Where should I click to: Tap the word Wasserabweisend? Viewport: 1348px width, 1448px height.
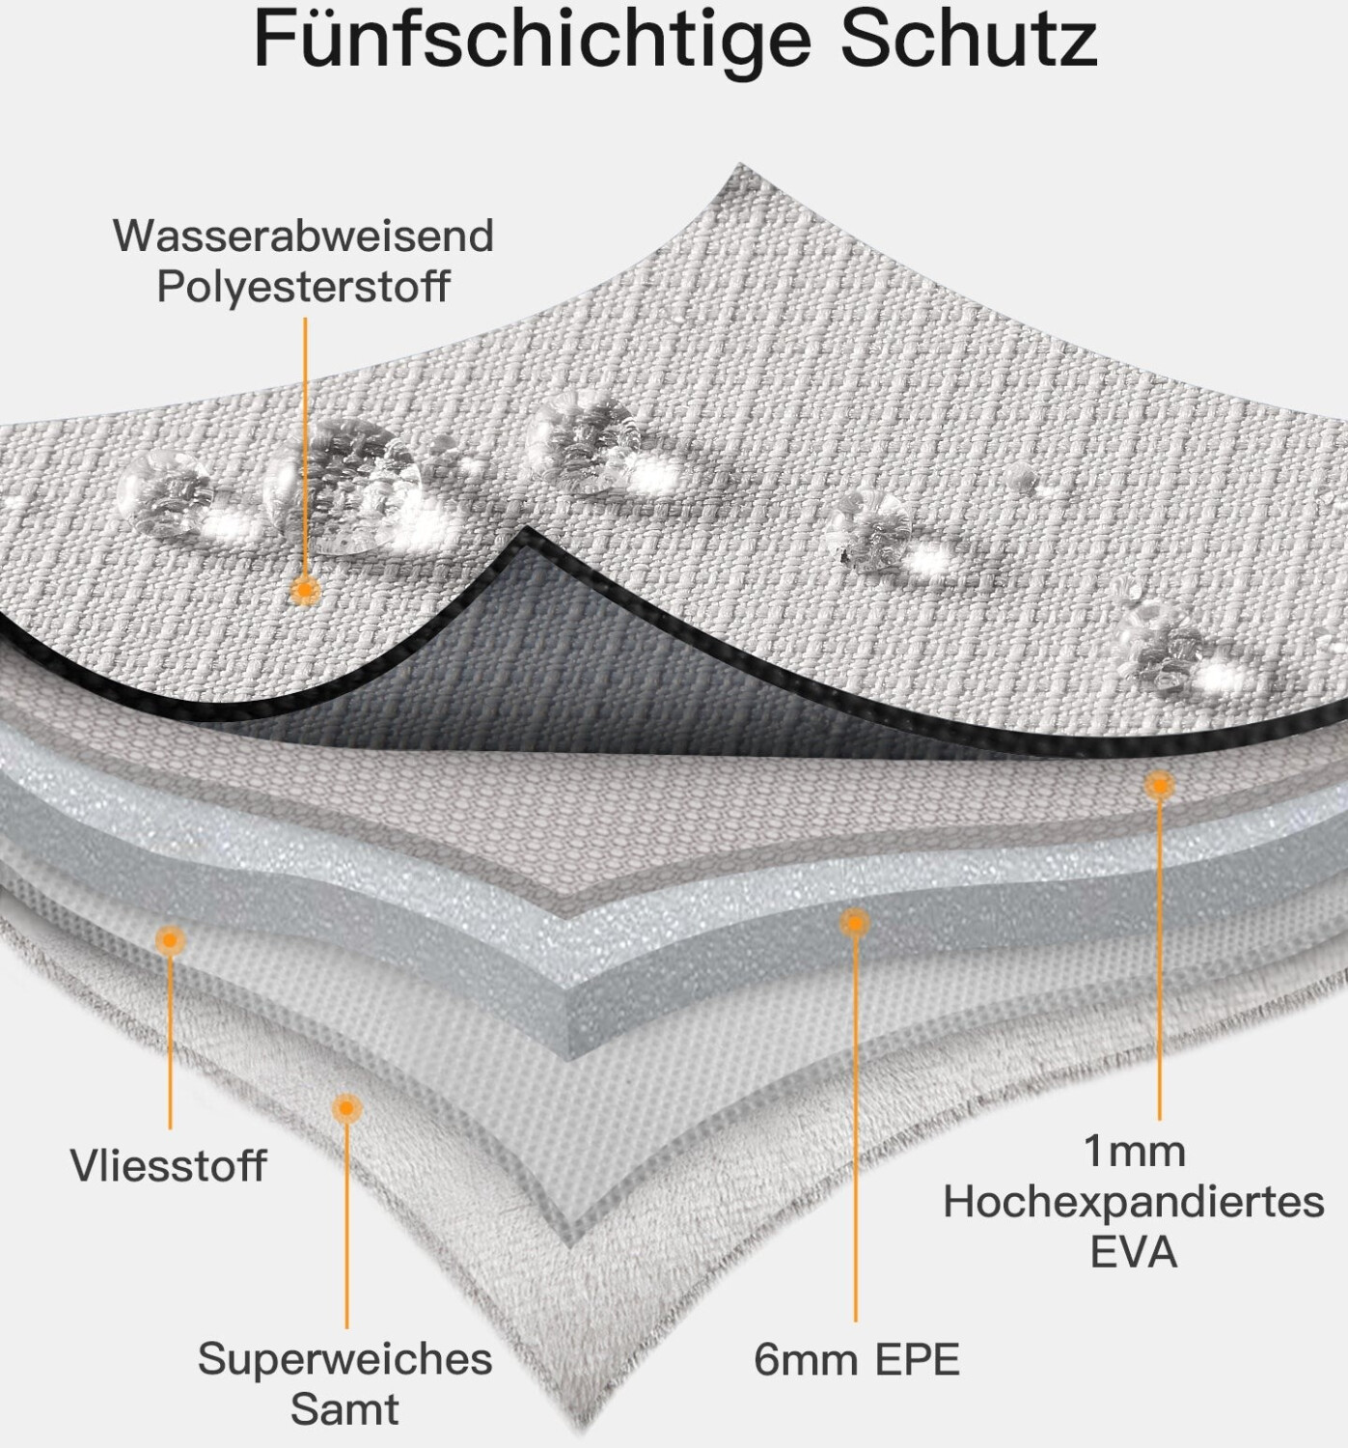(303, 236)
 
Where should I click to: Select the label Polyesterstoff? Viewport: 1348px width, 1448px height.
(303, 287)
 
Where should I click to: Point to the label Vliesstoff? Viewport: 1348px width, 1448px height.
(168, 1165)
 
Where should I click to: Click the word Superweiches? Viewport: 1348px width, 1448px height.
(344, 1358)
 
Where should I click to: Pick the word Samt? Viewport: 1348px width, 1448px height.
(344, 1408)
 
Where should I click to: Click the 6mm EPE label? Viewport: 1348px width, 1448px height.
(857, 1359)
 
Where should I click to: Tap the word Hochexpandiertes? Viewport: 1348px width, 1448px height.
(1133, 1202)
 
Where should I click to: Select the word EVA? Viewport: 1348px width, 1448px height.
(1133, 1252)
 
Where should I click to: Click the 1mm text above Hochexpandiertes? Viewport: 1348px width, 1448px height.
(1133, 1151)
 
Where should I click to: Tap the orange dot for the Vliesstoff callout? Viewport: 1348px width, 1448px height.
(170, 938)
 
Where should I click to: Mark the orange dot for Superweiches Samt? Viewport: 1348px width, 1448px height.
(346, 1107)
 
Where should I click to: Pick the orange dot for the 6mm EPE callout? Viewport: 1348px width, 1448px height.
(854, 924)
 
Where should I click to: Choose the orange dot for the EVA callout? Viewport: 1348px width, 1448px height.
(1159, 785)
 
